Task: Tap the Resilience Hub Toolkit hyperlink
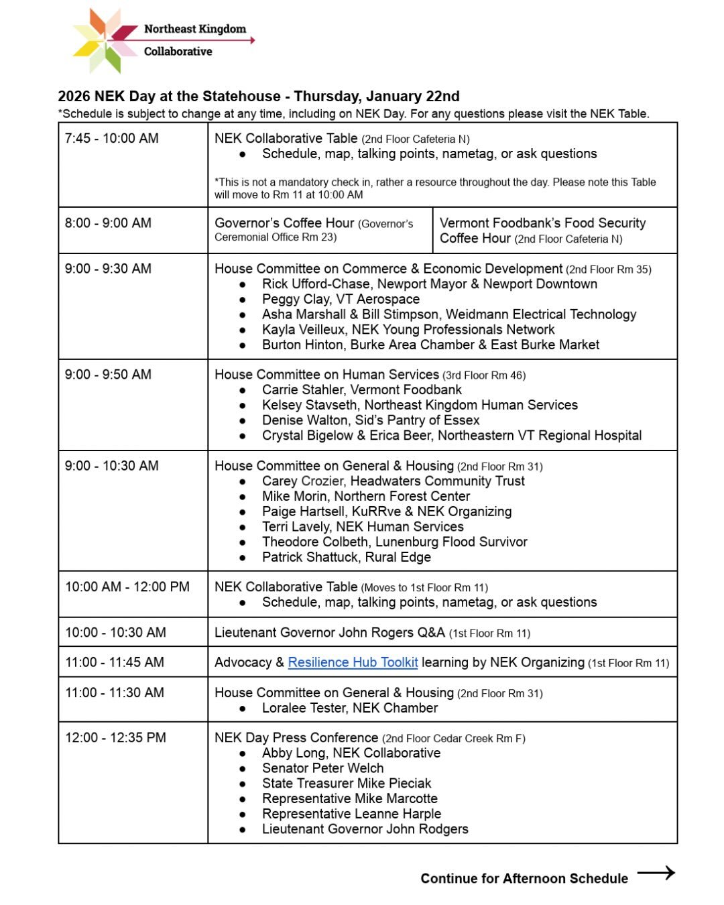[353, 662]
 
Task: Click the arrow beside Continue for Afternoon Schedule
[656, 873]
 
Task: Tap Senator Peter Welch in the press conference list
[322, 768]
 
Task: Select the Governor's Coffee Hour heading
[284, 223]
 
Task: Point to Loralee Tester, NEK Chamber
[349, 708]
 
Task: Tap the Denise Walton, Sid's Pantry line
[370, 420]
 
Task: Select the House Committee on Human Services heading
[326, 375]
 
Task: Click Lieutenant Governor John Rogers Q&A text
[329, 632]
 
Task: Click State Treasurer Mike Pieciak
[346, 783]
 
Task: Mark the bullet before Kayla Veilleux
[243, 330]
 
